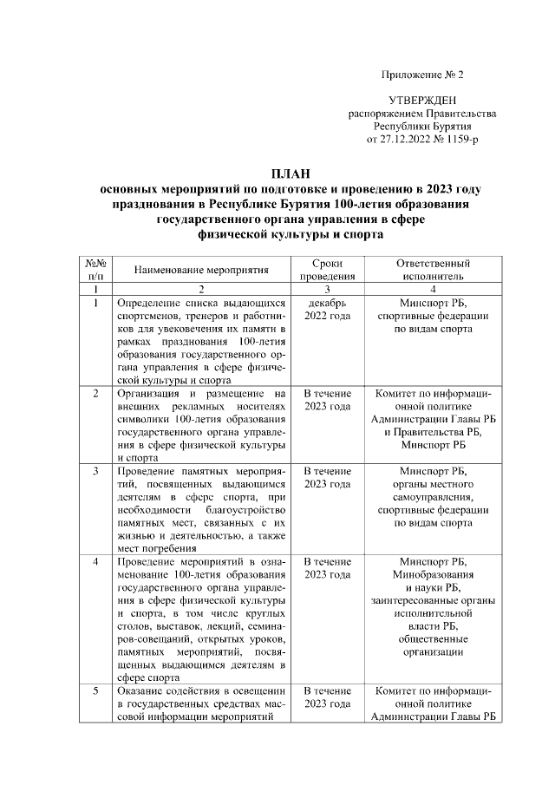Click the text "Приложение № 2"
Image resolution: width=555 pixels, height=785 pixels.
pos(421,75)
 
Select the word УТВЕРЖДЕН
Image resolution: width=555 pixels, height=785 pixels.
pos(421,101)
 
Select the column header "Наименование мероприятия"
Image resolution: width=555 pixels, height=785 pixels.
pos(201,270)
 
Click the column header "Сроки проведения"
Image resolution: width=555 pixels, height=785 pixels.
pos(328,270)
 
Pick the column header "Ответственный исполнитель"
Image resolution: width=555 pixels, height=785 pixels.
pos(433,270)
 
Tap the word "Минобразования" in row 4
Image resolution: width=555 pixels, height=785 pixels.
pos(433,574)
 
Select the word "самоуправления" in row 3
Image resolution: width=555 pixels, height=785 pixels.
pos(433,497)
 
